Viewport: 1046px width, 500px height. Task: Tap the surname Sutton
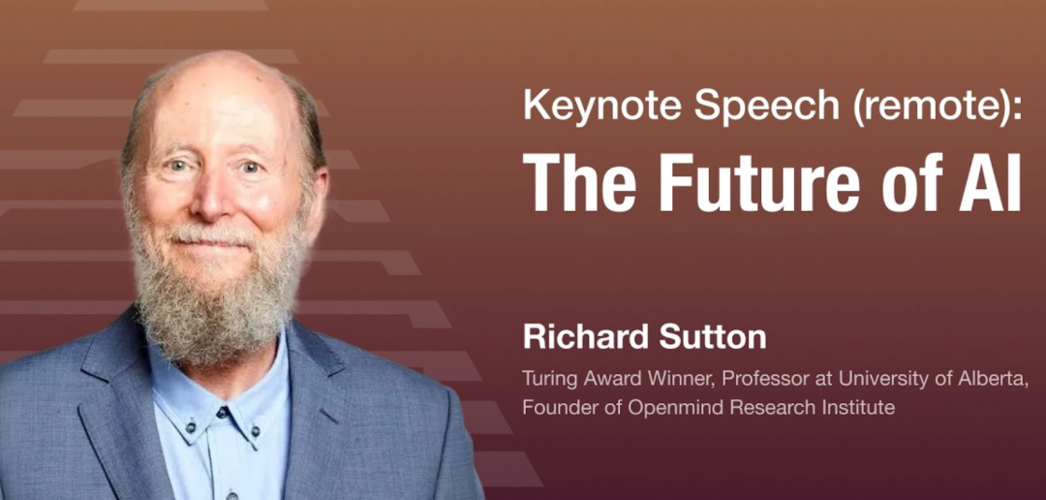[713, 338]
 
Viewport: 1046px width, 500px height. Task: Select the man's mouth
[211, 241]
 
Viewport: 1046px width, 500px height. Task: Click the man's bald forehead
[213, 100]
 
